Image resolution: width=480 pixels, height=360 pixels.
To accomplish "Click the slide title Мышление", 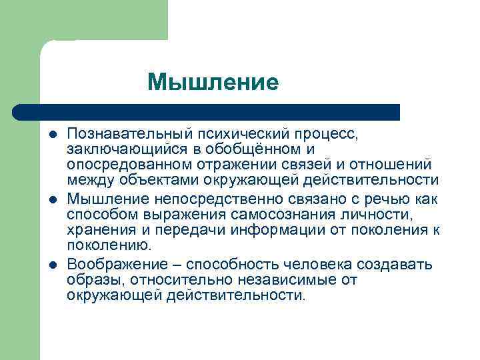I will (213, 82).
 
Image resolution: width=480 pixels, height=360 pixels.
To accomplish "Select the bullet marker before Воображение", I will (53, 265).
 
